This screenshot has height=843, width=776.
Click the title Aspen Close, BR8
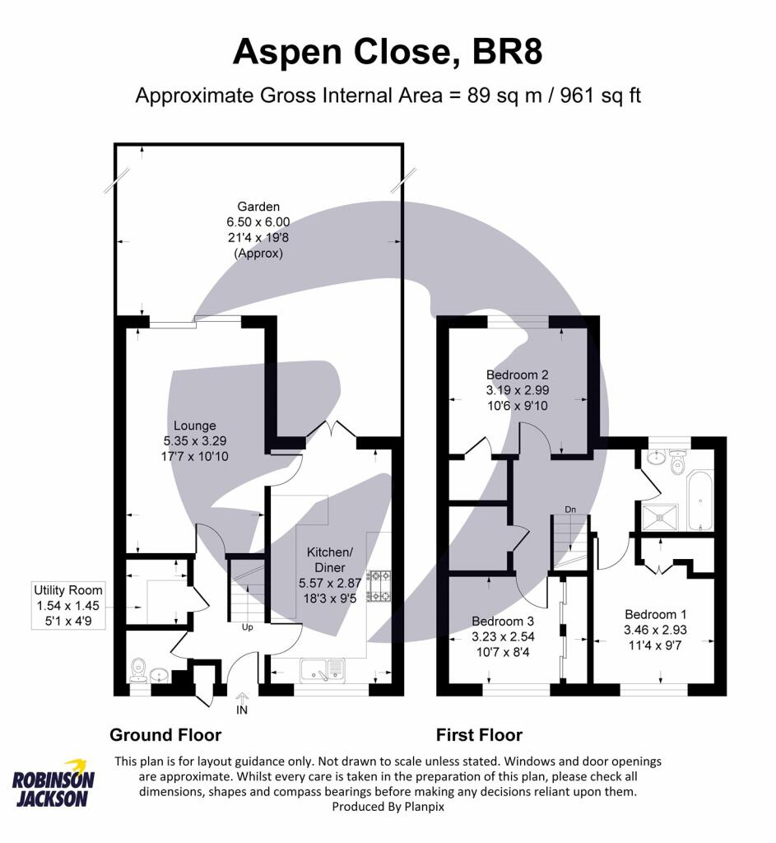click(x=388, y=52)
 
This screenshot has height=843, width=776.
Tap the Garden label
click(x=258, y=207)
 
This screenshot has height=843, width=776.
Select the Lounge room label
click(x=194, y=426)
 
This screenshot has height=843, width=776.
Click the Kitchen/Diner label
click(x=330, y=560)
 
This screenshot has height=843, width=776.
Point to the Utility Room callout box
click(x=67, y=605)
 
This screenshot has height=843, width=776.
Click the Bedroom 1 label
click(x=655, y=614)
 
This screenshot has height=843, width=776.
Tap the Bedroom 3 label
click(x=503, y=622)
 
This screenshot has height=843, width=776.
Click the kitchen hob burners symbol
click(x=379, y=586)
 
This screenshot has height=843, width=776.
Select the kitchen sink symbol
click(x=323, y=670)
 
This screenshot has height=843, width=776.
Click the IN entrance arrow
click(x=242, y=698)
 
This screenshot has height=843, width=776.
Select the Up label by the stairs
click(x=247, y=627)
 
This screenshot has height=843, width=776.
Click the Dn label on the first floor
click(x=570, y=509)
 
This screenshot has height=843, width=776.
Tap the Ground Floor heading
click(x=165, y=735)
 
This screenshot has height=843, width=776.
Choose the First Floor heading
click(x=479, y=735)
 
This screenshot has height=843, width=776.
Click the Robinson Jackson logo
click(x=53, y=784)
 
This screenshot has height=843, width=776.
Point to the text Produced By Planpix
click(x=388, y=807)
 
